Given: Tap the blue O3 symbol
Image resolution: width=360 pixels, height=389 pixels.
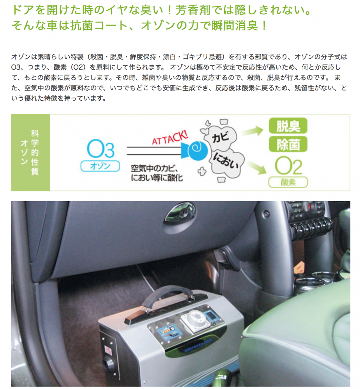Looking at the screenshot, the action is click(100, 149).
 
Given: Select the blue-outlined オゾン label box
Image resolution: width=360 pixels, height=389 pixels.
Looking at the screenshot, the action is click(100, 166).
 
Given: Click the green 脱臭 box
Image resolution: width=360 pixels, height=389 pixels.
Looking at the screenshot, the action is click(288, 126).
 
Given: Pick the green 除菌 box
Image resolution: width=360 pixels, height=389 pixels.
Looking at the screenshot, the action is click(288, 144).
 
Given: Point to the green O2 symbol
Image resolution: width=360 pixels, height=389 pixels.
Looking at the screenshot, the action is click(288, 165).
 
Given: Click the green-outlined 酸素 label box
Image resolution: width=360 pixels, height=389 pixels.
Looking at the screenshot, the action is click(288, 182).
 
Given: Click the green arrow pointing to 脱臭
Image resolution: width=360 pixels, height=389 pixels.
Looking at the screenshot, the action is click(253, 131).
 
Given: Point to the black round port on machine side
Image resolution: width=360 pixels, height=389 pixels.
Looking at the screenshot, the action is click(109, 364).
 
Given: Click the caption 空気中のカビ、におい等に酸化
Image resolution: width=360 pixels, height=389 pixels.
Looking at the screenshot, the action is click(157, 173).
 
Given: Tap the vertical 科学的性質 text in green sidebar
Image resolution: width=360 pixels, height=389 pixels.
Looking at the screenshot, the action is click(35, 152).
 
